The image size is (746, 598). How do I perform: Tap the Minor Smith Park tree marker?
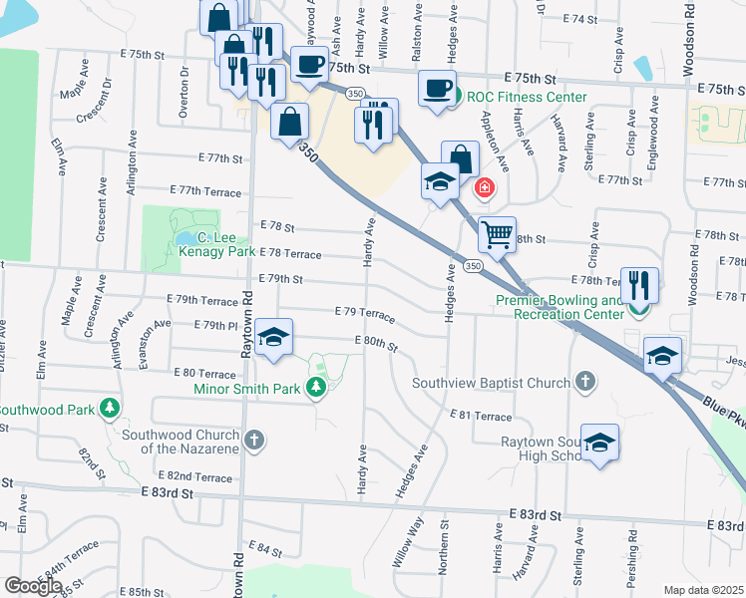point(316,387)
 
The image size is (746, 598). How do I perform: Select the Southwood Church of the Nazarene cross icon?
point(254,439)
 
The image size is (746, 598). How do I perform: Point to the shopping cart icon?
point(496,235)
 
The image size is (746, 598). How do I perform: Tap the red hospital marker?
point(485,187)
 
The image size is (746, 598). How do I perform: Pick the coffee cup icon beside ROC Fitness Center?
point(437,88)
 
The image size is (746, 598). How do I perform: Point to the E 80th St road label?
point(376,344)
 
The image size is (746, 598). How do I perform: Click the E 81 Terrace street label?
point(481,416)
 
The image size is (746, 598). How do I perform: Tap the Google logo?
point(33,586)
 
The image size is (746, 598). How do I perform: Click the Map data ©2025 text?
point(704,590)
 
